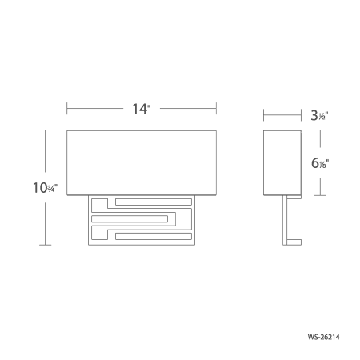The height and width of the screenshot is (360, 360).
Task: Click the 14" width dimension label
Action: click(x=141, y=109)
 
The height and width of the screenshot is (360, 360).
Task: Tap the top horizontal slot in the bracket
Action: click(x=154, y=202)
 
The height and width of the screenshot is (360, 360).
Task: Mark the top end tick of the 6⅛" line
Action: click(x=322, y=127)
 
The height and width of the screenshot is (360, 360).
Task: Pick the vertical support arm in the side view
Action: click(x=283, y=220)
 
